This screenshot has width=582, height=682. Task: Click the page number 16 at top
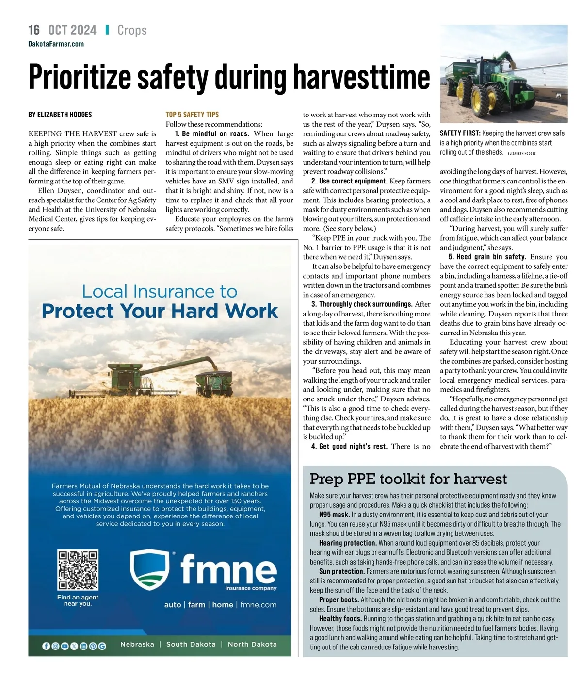point(34,30)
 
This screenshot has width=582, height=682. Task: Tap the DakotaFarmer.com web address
point(56,44)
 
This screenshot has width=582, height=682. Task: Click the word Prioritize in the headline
point(80,77)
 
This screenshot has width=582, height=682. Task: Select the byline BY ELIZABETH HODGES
point(60,115)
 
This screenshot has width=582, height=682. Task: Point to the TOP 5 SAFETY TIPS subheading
point(192,115)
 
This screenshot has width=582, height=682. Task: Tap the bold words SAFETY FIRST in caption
point(460,133)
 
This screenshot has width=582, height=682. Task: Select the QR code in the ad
point(78,570)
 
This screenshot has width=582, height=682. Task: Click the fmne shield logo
point(150,568)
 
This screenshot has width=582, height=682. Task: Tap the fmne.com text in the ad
point(258,605)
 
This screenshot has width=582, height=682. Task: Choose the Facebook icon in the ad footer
point(46,646)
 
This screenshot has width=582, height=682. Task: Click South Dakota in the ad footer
point(191,644)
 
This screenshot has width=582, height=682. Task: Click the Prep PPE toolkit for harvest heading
point(408,479)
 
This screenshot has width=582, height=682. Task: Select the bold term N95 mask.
point(334,515)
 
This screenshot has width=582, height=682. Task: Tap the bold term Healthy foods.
point(340,619)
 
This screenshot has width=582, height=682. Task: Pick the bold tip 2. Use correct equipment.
point(349,181)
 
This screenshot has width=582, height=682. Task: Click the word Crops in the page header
point(132,30)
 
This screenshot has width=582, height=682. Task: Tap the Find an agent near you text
point(78,600)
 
